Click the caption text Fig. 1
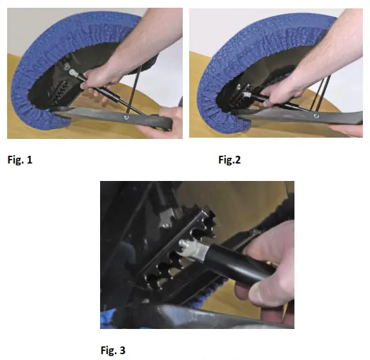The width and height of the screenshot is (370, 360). pos(20,160)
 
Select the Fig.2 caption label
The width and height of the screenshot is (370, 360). pos(231,160)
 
